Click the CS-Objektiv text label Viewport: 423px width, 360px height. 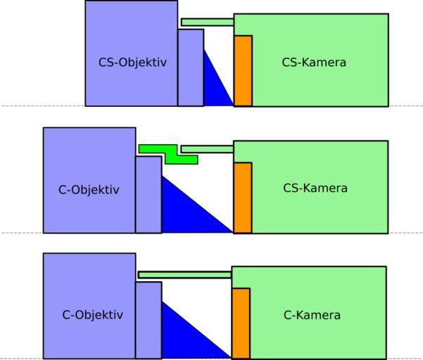pos(132,63)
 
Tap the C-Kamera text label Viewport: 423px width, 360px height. pos(312,315)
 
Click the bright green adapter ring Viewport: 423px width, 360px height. pos(169,155)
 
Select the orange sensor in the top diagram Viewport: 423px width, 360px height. pos(243,71)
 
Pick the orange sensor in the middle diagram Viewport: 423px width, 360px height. pos(243,198)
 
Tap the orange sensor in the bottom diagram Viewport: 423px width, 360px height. pos(241,323)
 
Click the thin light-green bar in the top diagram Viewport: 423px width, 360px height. pos(208,22)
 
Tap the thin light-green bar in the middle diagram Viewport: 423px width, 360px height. pos(208,149)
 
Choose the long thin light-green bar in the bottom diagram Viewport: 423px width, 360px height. pos(185,275)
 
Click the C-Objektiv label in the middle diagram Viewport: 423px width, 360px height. pos(89,190)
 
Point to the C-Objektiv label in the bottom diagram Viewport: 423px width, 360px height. pos(92,315)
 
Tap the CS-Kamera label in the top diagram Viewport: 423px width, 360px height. pos(314,63)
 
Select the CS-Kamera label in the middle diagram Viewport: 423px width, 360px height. pos(315,188)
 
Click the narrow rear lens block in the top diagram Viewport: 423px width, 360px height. pos(191,67)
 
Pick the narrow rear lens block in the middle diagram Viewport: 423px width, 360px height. pos(149,195)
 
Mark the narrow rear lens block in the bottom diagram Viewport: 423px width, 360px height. pos(149,321)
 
